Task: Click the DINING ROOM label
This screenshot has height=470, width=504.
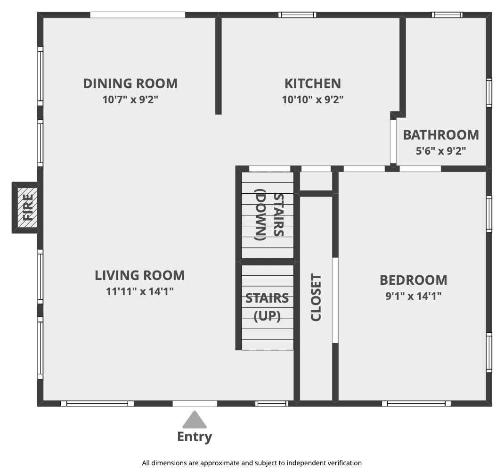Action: pos(130,83)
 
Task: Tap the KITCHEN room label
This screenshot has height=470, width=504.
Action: pos(313,83)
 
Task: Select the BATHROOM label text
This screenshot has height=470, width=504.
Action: pos(441,135)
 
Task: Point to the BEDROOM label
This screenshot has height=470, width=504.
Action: pos(414,280)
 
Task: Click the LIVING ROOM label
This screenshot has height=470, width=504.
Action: pos(140,276)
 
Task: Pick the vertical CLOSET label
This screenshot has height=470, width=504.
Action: pos(316,297)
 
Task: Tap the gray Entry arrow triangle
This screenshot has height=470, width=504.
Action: pos(195,420)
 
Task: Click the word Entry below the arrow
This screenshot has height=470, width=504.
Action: pos(195,437)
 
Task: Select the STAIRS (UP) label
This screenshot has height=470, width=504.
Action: pos(267,307)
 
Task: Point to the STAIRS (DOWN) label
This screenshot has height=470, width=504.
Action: pos(269,215)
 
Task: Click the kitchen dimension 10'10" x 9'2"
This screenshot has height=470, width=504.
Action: pos(313,100)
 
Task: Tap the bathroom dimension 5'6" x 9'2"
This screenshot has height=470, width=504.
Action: pos(441,151)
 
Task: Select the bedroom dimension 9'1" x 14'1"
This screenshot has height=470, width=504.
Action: pos(414,296)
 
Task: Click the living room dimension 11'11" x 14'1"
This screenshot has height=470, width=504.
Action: pos(140,291)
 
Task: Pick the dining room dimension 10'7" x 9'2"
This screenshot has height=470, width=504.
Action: pos(130,100)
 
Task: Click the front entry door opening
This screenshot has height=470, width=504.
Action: pos(195,404)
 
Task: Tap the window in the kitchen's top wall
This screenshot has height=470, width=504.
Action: pos(297,15)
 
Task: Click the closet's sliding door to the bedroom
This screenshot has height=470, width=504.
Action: pos(335,300)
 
